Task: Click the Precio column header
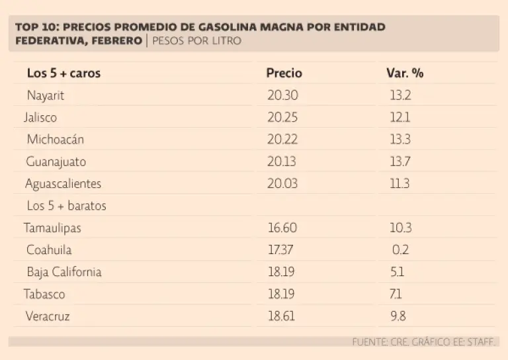[x=284, y=73]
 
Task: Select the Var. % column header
[x=404, y=73]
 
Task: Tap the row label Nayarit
[x=46, y=95]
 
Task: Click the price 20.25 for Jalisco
[x=282, y=117]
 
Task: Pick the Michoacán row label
[x=55, y=140]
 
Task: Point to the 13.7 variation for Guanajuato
[x=400, y=161]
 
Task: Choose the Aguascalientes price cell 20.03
[x=282, y=183]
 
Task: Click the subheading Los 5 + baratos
[x=66, y=206]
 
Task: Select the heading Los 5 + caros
[x=63, y=73]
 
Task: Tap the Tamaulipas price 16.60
[x=282, y=228]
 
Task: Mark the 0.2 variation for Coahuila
[x=400, y=250]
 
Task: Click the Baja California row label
[x=64, y=272]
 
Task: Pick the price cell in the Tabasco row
[x=282, y=294]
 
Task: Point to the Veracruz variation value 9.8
[x=398, y=316]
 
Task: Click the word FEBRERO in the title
[x=116, y=40]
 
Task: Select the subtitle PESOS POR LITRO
[x=196, y=40]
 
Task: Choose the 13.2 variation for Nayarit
[x=400, y=95]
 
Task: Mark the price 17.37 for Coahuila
[x=281, y=250]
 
